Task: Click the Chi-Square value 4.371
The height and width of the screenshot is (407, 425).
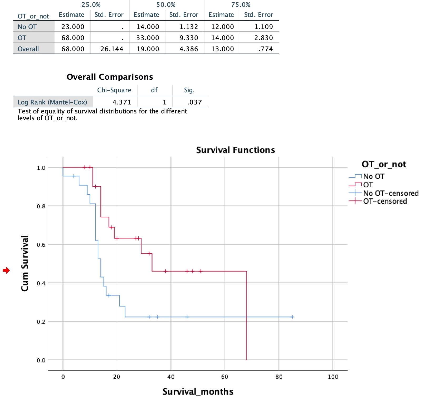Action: coord(122,102)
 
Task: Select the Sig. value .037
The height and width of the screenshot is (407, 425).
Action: coord(194,102)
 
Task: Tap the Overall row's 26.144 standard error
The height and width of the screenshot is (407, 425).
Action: coord(112,49)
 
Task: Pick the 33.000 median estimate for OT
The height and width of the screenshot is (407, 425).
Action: coord(148,38)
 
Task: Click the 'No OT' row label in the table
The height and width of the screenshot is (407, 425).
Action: coord(27,27)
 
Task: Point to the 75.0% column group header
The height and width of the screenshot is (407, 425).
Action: coord(241,5)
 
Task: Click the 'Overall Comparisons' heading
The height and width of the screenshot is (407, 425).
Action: coord(110,77)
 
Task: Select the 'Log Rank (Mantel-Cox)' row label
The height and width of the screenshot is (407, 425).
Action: coord(52,102)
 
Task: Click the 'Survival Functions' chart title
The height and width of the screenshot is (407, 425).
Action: coord(236,150)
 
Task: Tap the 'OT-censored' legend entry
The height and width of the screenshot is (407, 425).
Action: coord(385,201)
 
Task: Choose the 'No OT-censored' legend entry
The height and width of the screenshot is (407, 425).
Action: coord(391,193)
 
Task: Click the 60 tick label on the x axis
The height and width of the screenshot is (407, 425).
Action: coord(225,377)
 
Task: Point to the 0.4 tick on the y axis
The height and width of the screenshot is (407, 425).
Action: coord(41,283)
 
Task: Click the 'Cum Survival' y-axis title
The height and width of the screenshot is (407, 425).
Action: coord(25,263)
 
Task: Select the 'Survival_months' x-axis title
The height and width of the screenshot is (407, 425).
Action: coord(198,391)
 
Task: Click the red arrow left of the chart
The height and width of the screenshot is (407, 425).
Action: coord(6,270)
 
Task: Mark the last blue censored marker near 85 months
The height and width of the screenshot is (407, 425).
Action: coord(292,317)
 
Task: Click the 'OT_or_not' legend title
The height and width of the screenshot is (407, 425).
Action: coord(384,164)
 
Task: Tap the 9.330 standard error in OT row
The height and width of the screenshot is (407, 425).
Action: coord(189,38)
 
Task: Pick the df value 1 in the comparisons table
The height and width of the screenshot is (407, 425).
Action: coord(164,102)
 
